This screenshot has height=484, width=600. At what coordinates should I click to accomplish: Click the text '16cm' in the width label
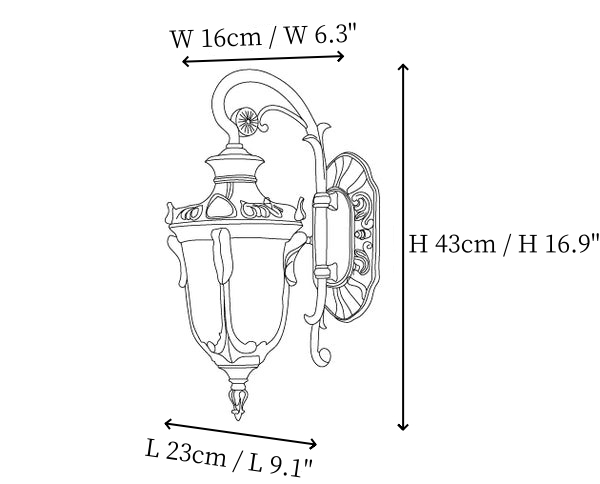pos(231,38)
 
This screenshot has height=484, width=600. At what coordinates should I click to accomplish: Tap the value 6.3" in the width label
pos(336,34)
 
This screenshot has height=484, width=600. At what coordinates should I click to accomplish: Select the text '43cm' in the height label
pos(465,243)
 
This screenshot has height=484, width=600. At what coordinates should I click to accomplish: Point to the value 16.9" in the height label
pos(571,243)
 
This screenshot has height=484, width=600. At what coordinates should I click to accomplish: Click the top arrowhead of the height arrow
pos(403,67)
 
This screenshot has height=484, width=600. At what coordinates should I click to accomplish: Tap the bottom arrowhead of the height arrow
pos(403,426)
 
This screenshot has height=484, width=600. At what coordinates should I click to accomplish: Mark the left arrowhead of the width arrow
pos(185,61)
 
